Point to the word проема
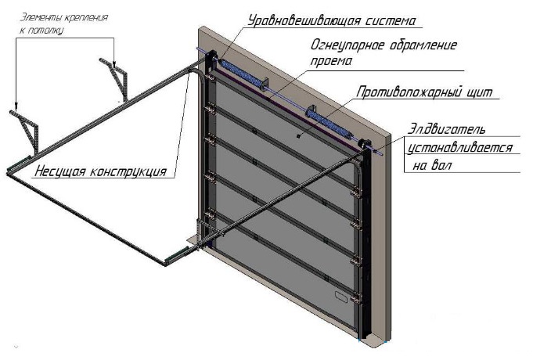[x=330, y=60]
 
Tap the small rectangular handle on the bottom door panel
[x=340, y=298]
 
